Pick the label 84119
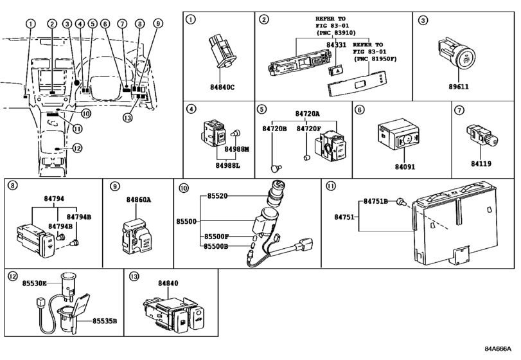click(x=481, y=164)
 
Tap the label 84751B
click(x=376, y=201)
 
